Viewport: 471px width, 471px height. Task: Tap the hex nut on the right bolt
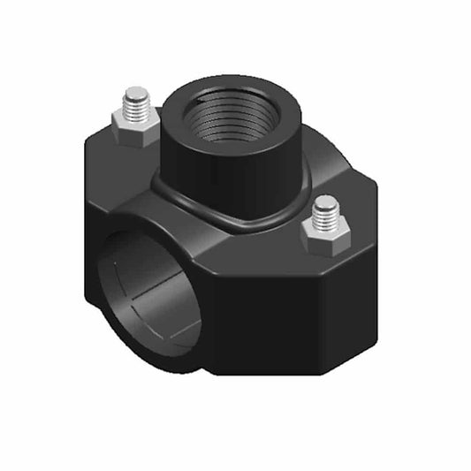pos(323,235)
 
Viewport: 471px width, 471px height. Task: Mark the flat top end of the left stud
pos(136,91)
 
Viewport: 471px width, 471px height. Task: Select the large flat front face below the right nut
pos(283,318)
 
